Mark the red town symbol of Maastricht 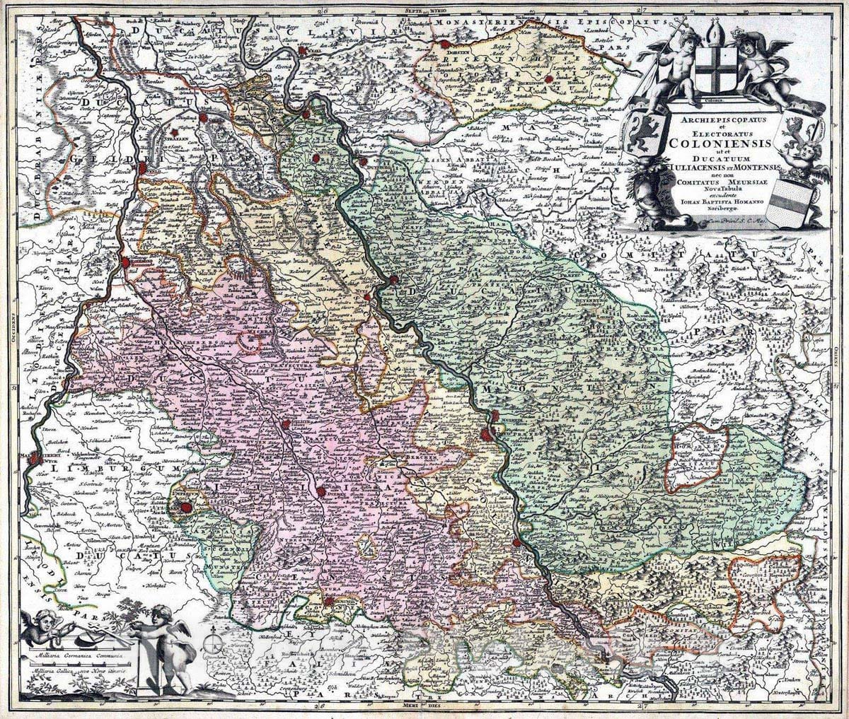coord(33,459)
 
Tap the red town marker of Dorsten coord(445,45)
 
